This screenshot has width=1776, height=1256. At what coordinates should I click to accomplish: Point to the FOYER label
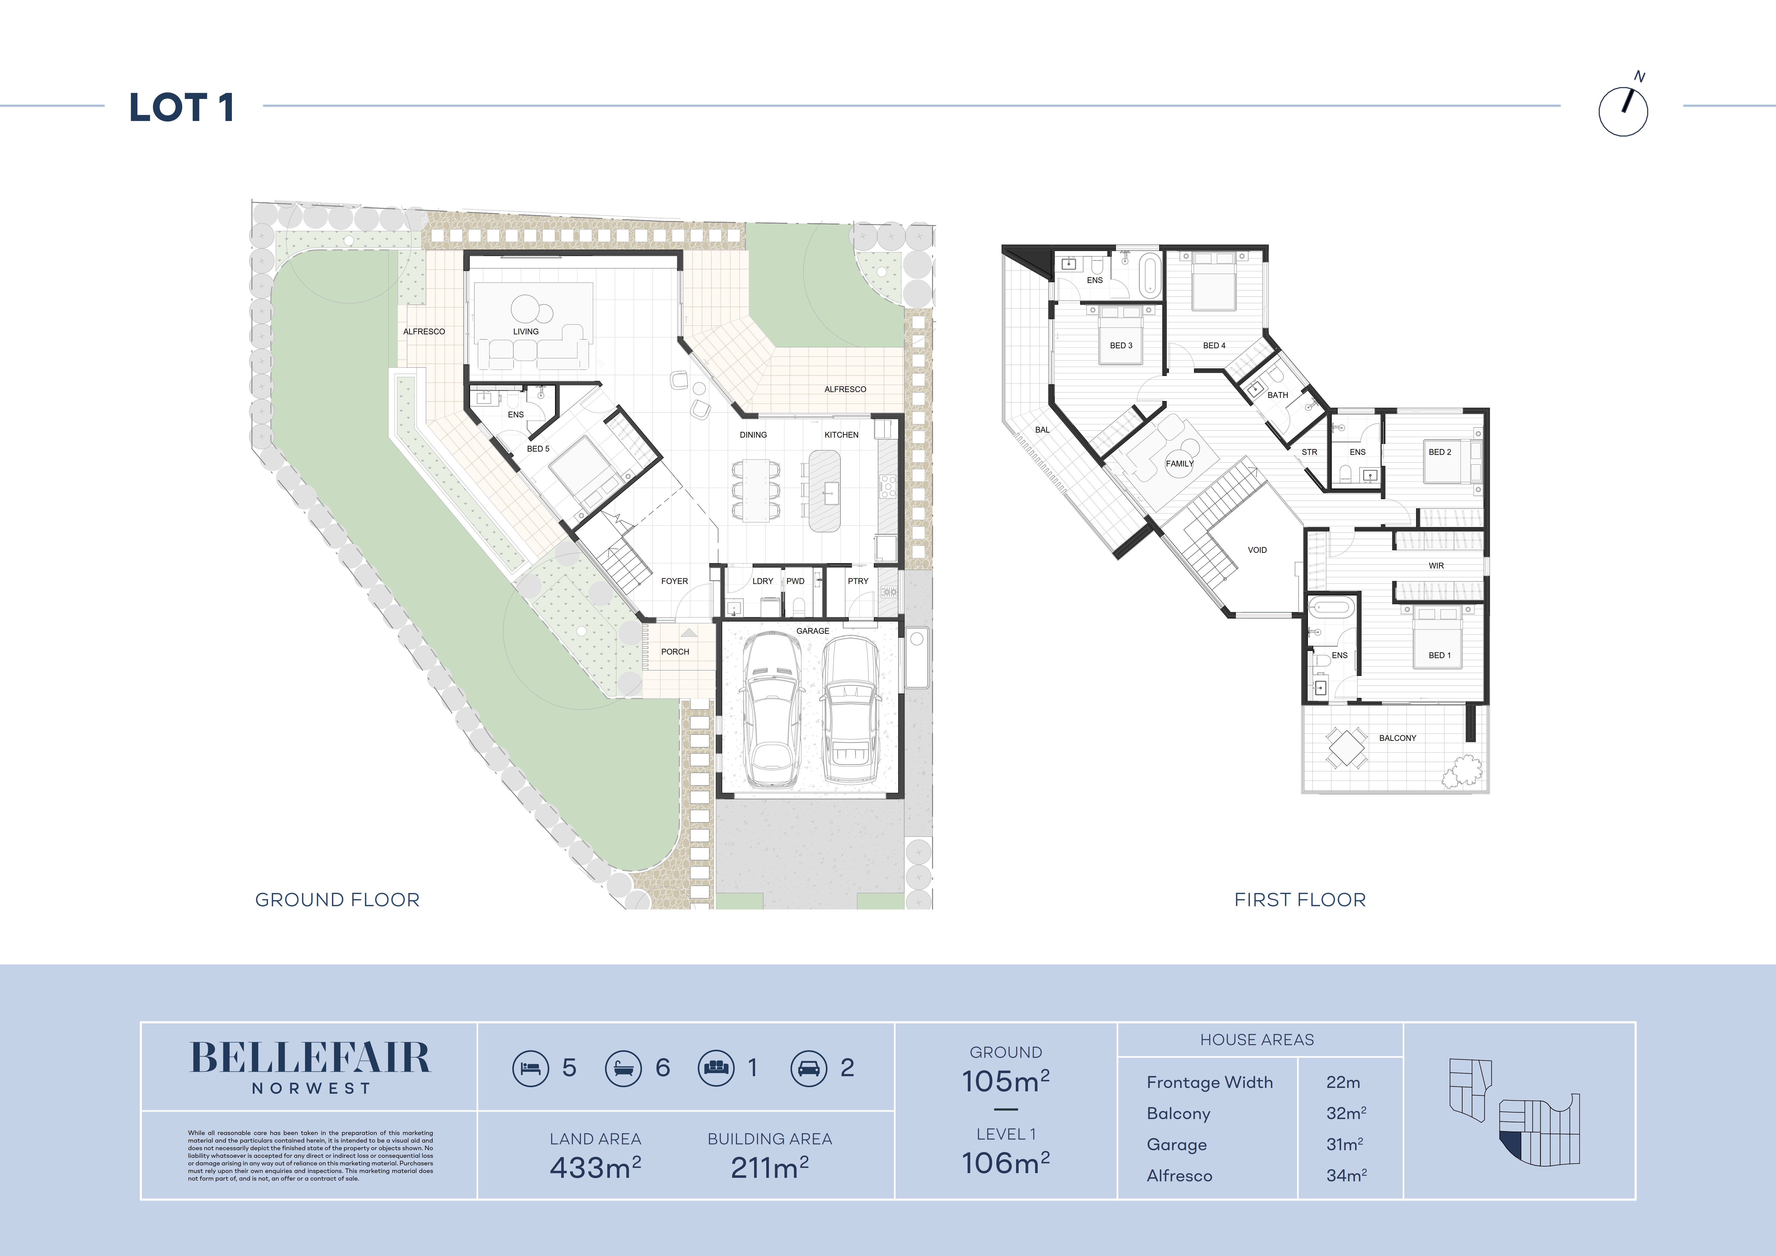click(x=675, y=581)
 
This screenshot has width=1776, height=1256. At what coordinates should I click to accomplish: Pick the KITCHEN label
click(x=842, y=435)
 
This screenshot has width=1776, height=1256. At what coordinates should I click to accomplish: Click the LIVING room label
click(x=526, y=332)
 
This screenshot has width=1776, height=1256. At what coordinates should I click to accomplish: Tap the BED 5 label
click(x=538, y=449)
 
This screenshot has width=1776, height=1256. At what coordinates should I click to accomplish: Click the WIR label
click(x=1437, y=565)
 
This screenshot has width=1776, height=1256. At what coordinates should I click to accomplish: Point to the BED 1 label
click(x=1440, y=655)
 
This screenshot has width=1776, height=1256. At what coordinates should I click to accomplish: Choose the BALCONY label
click(x=1398, y=738)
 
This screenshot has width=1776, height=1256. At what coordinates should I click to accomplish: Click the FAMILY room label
click(x=1180, y=464)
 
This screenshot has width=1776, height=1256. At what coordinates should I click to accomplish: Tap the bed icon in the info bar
click(x=531, y=1068)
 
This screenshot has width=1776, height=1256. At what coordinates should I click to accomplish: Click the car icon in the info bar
click(x=809, y=1068)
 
